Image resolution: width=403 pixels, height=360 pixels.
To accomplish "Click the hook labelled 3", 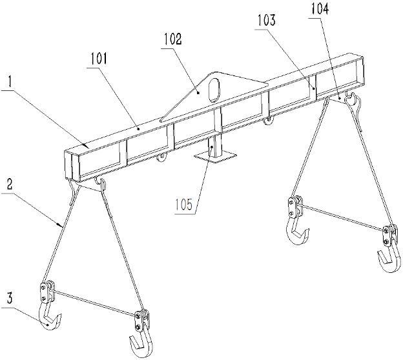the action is click(50, 318).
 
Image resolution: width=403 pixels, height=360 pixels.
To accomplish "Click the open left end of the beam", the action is click(72, 164).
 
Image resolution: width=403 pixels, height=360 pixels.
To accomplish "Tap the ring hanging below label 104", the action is click(351, 98).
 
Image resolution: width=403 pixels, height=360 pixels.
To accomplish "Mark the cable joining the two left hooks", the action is click(93, 303).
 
